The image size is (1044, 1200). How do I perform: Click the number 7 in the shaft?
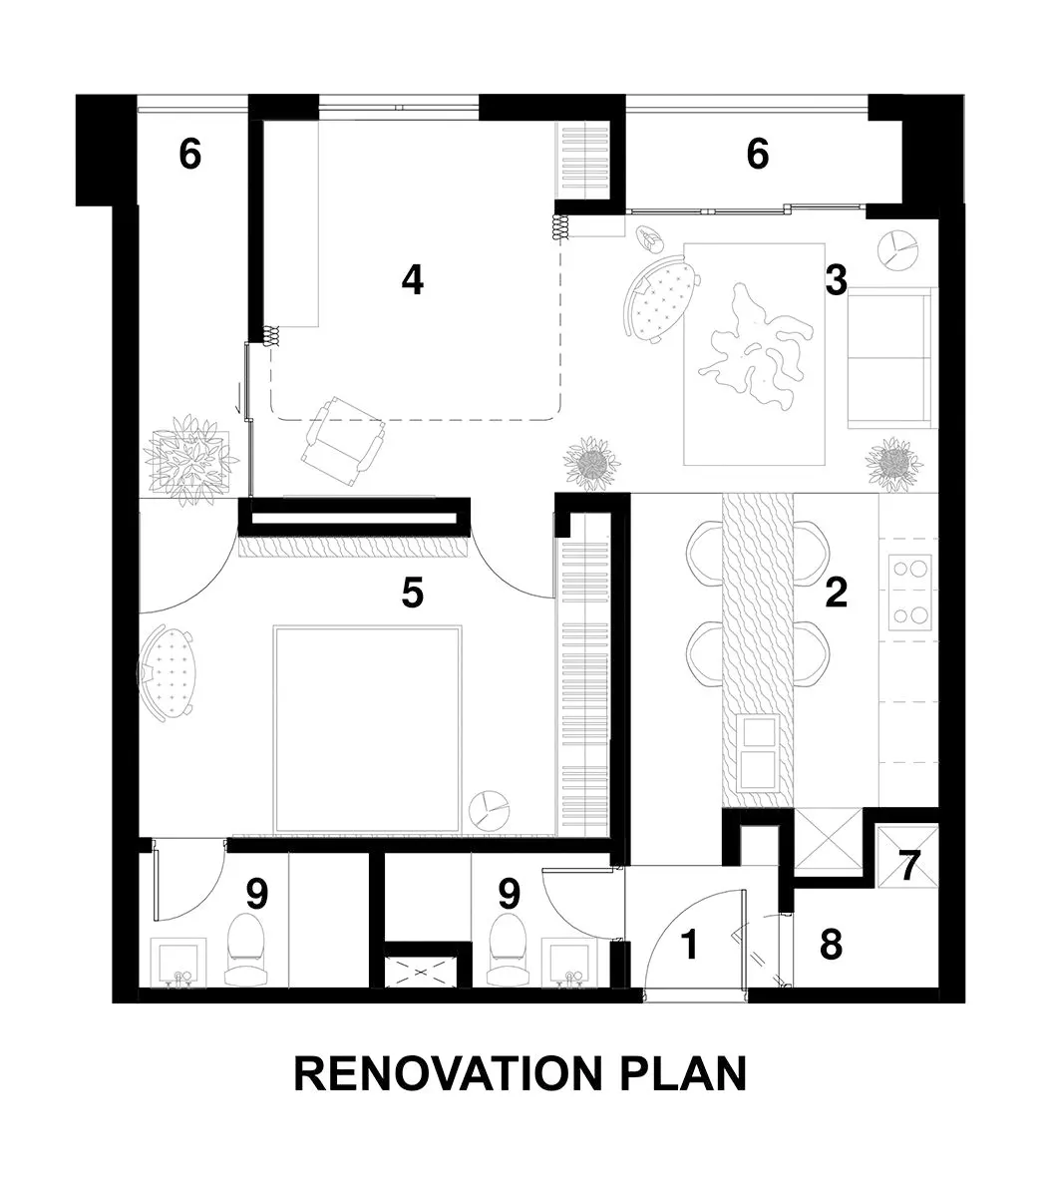(908, 866)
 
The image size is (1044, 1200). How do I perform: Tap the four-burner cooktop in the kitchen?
(909, 592)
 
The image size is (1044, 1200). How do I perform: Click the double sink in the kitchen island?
(759, 752)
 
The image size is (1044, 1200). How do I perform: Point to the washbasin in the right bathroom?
(564, 963)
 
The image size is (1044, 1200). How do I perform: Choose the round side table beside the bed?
(489, 810)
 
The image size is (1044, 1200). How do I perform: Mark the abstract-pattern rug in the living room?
(755, 354)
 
